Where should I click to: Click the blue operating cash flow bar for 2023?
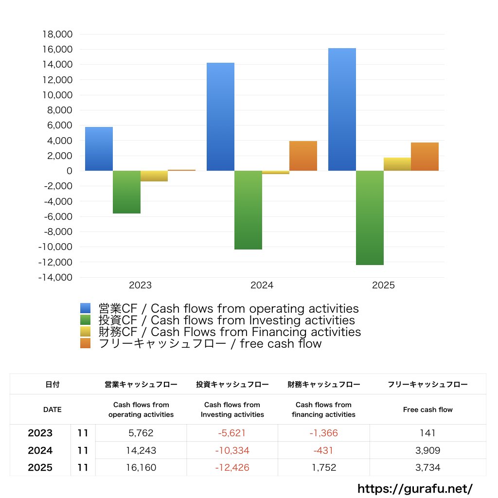(x=99, y=149)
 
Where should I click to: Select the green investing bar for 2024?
(x=248, y=210)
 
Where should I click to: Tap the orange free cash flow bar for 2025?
(x=425, y=157)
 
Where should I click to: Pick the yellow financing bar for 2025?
(x=397, y=164)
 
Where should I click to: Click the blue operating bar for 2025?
(x=342, y=109)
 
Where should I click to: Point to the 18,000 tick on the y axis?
(x=57, y=35)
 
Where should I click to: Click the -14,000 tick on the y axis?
(x=55, y=278)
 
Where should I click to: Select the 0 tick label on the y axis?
(x=70, y=171)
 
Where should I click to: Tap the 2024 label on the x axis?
(x=262, y=285)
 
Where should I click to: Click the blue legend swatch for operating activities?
(x=86, y=308)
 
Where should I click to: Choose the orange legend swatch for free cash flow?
(x=86, y=343)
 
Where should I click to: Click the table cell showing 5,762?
(x=141, y=433)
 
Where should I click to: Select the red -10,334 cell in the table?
(x=232, y=450)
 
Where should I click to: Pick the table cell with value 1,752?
(x=323, y=468)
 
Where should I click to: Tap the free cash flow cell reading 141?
(x=428, y=433)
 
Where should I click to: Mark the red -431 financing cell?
(x=323, y=450)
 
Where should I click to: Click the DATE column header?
(x=53, y=409)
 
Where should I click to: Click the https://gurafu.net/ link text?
(x=415, y=488)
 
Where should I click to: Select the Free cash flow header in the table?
(x=428, y=409)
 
